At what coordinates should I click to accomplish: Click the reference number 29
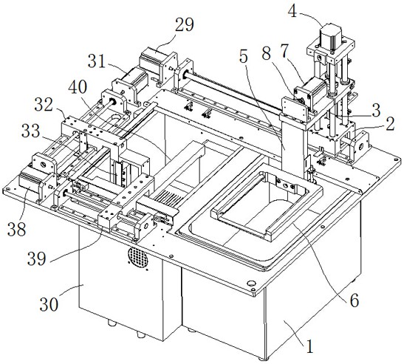tap(185, 25)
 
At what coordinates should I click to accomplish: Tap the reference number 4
tap(292, 11)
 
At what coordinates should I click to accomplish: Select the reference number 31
tap(97, 62)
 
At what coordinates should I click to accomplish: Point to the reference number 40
tap(78, 87)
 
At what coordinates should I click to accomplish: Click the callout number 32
tap(44, 105)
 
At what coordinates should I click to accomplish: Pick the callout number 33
tap(31, 131)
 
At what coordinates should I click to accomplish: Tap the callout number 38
tap(17, 229)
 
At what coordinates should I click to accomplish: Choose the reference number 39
tap(37, 258)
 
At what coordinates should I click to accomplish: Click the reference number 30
tap(49, 305)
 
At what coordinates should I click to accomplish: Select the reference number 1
tap(309, 346)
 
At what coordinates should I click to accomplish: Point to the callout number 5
tap(244, 57)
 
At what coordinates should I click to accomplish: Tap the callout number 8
tap(266, 54)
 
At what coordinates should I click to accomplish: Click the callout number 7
tap(284, 51)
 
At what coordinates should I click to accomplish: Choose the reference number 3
tap(376, 110)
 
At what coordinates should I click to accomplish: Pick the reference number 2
tap(390, 124)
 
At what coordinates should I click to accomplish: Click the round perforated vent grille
tap(137, 258)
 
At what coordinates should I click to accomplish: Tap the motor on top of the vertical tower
tap(331, 37)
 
